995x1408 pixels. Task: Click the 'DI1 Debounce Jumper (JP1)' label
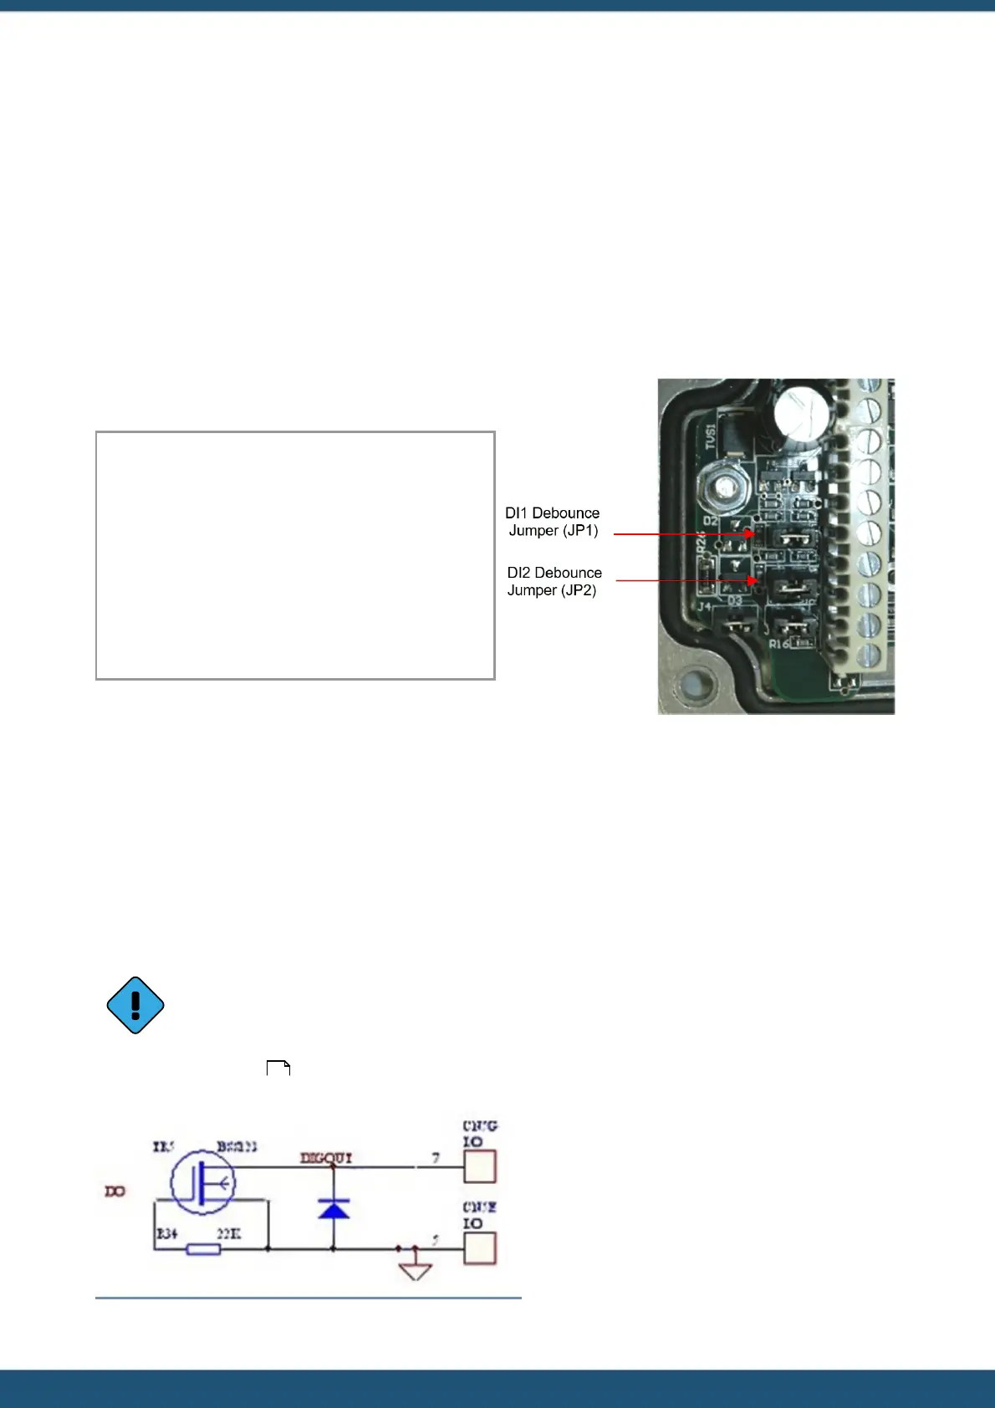[553, 522]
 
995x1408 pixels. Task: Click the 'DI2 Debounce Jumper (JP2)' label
[554, 581]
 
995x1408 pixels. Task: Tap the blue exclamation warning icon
[135, 1005]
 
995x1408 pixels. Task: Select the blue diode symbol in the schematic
[334, 1209]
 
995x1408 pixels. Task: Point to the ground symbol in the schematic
[416, 1270]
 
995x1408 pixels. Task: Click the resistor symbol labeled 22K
[203, 1249]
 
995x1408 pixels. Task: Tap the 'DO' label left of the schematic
[115, 1191]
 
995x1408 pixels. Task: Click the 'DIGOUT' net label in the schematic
[326, 1158]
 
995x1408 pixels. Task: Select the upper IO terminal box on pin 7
[480, 1166]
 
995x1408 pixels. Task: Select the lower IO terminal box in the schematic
[480, 1248]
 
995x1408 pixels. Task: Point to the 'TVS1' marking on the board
[710, 436]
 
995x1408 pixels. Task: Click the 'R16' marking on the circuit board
[778, 645]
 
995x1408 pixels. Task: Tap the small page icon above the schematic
[278, 1068]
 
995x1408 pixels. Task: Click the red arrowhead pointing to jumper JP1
[752, 533]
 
